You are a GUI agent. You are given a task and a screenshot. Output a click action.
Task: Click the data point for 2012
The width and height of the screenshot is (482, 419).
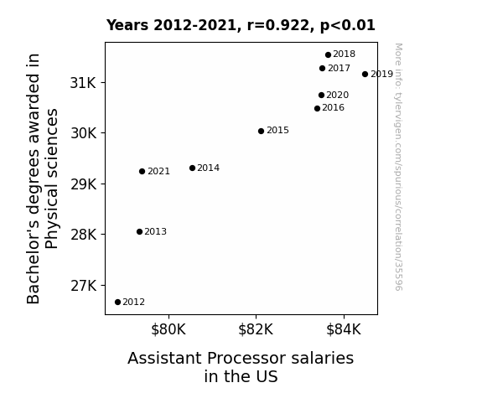(117, 303)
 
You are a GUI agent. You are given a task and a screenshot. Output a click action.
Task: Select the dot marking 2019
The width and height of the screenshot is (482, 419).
(365, 74)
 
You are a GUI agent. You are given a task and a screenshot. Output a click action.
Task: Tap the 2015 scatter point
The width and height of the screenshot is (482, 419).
(261, 132)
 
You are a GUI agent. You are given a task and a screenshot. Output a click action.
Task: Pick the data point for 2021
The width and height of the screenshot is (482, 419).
(142, 172)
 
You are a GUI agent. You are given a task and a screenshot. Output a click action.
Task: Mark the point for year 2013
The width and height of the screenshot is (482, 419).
(139, 232)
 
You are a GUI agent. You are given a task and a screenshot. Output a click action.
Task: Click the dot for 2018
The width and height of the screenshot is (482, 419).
(328, 55)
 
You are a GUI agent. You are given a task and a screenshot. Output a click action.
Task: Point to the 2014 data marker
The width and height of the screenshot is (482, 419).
(193, 168)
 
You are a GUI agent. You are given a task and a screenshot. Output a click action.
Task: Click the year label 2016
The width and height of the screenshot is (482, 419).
(334, 108)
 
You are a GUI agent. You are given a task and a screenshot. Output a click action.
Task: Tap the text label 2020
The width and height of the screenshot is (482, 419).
(338, 96)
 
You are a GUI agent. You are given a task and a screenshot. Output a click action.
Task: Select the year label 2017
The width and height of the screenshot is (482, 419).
(339, 68)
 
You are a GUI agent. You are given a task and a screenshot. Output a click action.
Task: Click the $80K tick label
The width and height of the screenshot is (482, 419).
(168, 329)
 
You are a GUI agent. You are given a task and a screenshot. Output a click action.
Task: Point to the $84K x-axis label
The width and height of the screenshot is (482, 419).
(344, 329)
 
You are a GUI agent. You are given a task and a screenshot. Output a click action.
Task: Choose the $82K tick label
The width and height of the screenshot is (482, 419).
(256, 329)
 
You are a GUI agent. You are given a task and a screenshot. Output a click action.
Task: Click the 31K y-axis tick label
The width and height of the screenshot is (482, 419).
(83, 83)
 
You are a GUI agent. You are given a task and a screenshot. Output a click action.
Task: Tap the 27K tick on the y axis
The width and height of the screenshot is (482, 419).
(83, 286)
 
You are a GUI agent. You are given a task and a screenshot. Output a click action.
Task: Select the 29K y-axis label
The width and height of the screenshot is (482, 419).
(83, 184)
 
